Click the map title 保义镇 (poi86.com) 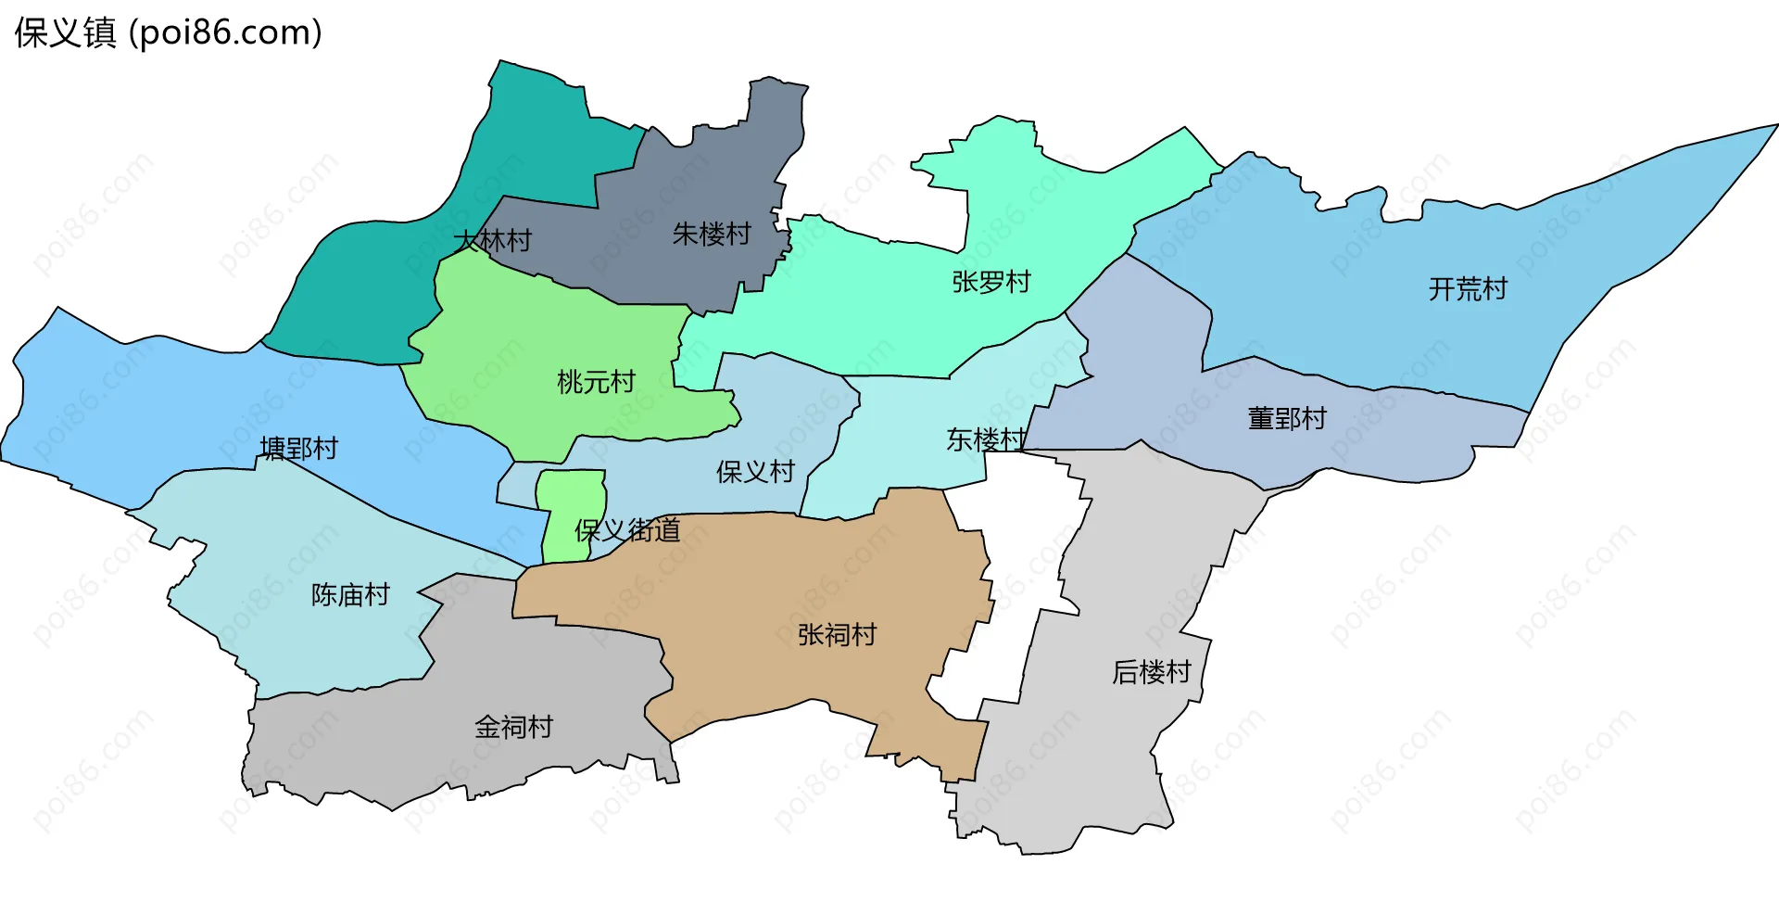(x=168, y=33)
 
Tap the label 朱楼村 (x=712, y=235)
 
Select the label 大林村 (x=492, y=241)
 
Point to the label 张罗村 (x=991, y=282)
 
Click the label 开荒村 (x=1468, y=289)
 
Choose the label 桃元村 (x=596, y=382)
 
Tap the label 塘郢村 (x=298, y=449)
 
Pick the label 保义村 (x=755, y=472)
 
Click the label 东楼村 (x=986, y=439)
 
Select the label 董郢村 (x=1287, y=419)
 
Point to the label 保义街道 (x=627, y=530)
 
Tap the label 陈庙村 (x=350, y=595)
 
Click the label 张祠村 (x=837, y=635)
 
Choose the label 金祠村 (x=513, y=727)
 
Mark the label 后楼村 (x=1151, y=672)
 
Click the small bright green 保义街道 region (x=567, y=501)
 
